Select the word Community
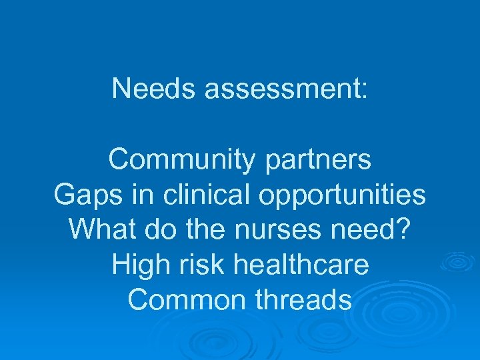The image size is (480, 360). tap(181, 160)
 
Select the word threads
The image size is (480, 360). tap(304, 300)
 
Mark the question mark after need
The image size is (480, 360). tap(405, 229)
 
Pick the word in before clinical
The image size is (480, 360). tap(141, 195)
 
